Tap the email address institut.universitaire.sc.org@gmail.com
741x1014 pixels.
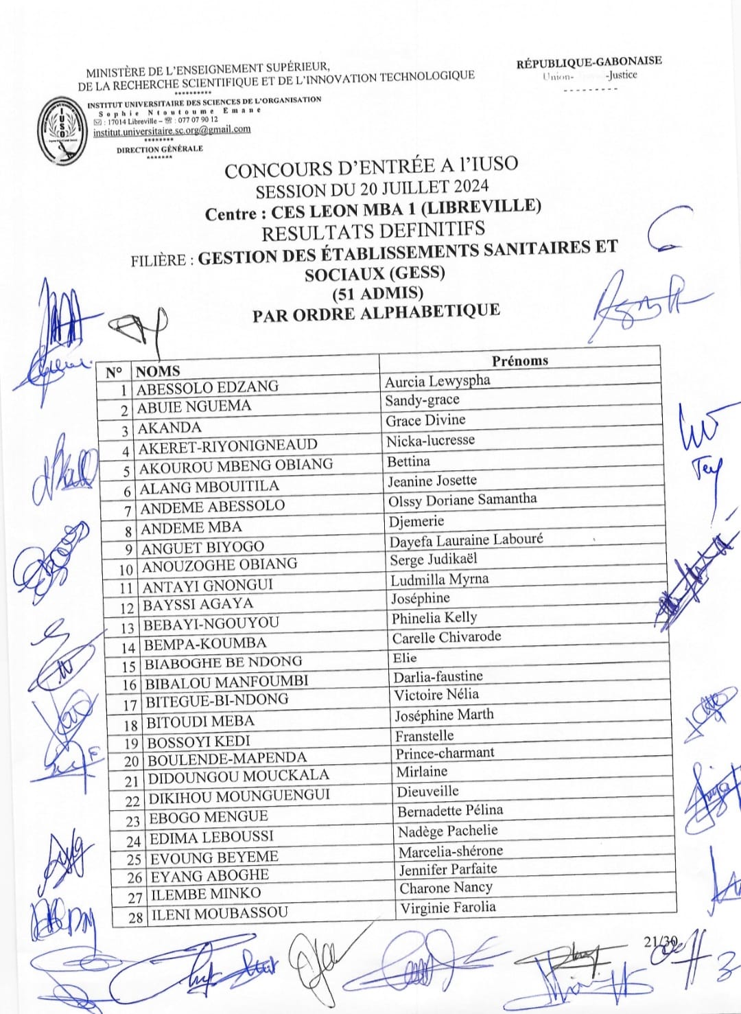(x=172, y=130)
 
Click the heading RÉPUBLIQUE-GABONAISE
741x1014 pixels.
(x=589, y=62)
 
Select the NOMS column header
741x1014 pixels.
(x=158, y=371)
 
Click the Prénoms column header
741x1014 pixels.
(x=519, y=360)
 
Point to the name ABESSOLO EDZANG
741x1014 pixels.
(x=207, y=388)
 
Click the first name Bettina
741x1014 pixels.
(x=408, y=461)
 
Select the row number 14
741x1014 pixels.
(x=128, y=647)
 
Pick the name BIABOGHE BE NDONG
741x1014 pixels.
(x=223, y=662)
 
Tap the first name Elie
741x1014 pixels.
(x=405, y=658)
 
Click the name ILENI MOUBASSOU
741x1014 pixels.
(x=220, y=914)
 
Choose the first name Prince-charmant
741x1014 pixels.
(x=445, y=753)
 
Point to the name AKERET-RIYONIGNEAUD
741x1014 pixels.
(x=228, y=446)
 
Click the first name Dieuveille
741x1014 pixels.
(x=427, y=792)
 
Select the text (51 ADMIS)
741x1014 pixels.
(x=377, y=293)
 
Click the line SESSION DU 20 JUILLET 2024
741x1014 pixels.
(x=372, y=187)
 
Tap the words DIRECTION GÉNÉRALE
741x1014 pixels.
(x=159, y=148)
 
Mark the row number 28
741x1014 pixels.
(x=135, y=917)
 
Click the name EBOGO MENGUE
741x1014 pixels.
(x=209, y=817)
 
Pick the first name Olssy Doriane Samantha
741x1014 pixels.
(x=462, y=500)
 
